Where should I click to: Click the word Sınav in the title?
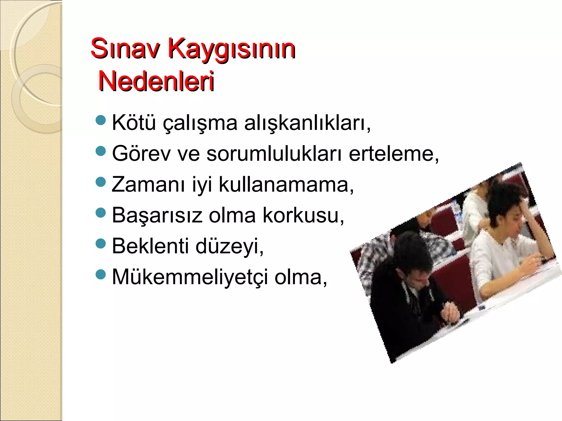[125, 49]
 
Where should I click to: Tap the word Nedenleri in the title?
[156, 81]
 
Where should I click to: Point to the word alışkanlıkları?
[307, 123]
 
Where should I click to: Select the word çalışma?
[200, 124]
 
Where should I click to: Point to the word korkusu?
[303, 216]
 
